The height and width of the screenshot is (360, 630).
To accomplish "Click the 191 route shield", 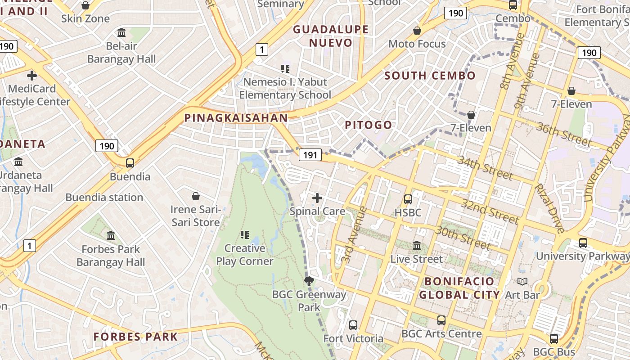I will (x=310, y=155).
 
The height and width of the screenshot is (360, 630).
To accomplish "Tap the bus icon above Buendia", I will (x=130, y=163).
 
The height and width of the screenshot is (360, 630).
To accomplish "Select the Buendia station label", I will (x=104, y=197).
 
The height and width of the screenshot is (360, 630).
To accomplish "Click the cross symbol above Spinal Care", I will (x=317, y=198).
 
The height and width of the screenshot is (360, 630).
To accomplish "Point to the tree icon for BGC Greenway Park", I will (x=309, y=282).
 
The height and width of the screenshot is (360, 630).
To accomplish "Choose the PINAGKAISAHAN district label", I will (x=236, y=118).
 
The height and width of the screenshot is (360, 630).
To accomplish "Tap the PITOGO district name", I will (x=369, y=125).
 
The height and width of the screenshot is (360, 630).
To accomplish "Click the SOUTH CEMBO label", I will (x=430, y=76).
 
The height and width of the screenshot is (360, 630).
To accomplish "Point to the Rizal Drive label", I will (x=549, y=208).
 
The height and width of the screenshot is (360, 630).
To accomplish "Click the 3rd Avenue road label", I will (x=351, y=234).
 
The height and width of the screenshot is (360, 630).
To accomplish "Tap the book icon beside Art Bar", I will (x=522, y=282).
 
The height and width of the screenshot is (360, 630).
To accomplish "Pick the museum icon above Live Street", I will (x=417, y=246).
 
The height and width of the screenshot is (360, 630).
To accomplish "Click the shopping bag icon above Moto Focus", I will (x=417, y=31).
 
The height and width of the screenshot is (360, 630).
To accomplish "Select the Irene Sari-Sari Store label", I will (x=195, y=216).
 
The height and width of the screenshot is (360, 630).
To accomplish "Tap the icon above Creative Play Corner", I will (x=245, y=234).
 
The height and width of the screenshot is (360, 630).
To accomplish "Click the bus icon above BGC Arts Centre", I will (x=441, y=320).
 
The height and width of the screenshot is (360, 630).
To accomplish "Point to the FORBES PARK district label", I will (x=135, y=337).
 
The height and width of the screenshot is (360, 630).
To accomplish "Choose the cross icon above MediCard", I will (x=31, y=75).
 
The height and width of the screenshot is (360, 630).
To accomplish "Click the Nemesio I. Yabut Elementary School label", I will (x=285, y=88).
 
